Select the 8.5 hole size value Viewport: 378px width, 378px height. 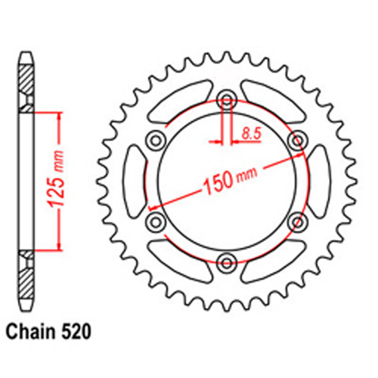(x=248, y=135)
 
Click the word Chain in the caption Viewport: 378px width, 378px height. (x=33, y=330)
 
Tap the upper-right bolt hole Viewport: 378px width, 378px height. (x=297, y=139)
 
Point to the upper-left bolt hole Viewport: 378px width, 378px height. (x=155, y=139)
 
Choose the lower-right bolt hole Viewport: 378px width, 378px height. (x=297, y=221)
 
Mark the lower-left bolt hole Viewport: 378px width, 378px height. (x=155, y=221)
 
